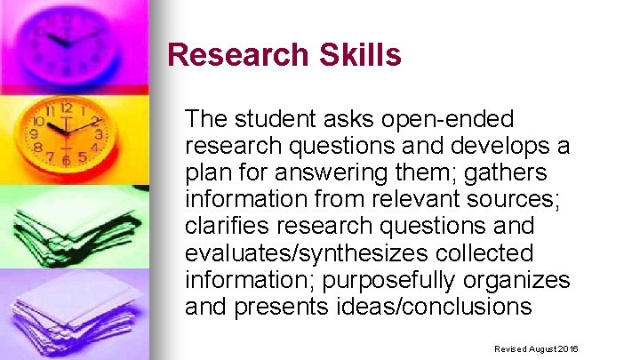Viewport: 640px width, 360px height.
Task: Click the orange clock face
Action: [x=68, y=133]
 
